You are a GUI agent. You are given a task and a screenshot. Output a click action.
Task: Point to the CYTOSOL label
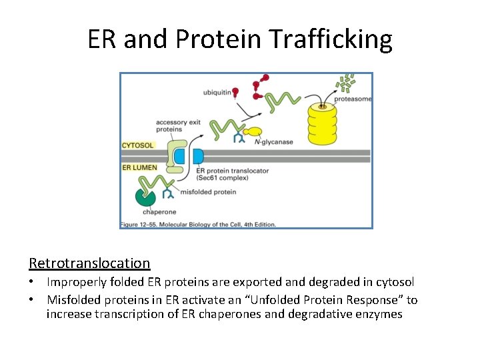pyautogui.click(x=138, y=145)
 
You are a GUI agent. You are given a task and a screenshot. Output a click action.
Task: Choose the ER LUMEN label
pyautogui.click(x=139, y=167)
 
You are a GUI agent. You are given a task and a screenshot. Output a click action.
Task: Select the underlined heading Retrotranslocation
pyautogui.click(x=89, y=263)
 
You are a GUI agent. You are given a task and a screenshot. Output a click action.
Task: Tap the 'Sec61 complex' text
pyautogui.click(x=223, y=178)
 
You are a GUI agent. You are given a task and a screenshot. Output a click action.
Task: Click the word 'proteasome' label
pyautogui.click(x=353, y=99)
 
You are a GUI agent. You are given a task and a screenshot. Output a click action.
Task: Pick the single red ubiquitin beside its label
pyautogui.click(x=235, y=93)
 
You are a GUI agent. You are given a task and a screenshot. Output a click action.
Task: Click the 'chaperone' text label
pyautogui.click(x=155, y=212)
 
